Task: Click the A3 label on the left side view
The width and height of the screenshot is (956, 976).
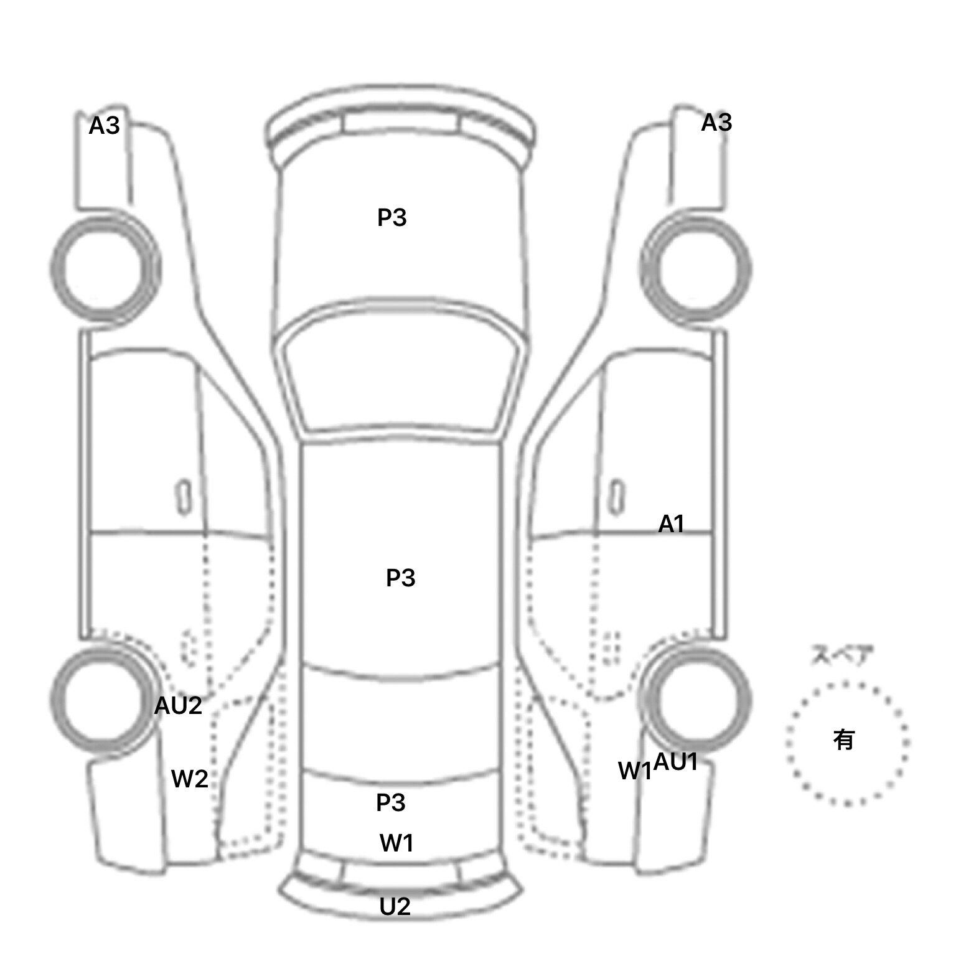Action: pyautogui.click(x=104, y=126)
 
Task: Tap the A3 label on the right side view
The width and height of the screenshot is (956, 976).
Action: pyautogui.click(x=716, y=123)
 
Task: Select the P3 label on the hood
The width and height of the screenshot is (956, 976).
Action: pyautogui.click(x=392, y=217)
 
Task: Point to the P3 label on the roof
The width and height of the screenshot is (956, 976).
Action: pyautogui.click(x=401, y=578)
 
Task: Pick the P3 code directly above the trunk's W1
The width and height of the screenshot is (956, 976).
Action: pyautogui.click(x=391, y=802)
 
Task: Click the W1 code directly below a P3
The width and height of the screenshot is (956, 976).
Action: pyautogui.click(x=396, y=843)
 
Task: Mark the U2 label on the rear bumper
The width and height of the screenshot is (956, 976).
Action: pyautogui.click(x=395, y=906)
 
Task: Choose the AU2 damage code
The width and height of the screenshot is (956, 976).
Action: pyautogui.click(x=178, y=705)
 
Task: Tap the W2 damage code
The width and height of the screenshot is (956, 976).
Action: pyautogui.click(x=190, y=779)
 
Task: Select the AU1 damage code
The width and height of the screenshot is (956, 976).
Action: pyautogui.click(x=675, y=761)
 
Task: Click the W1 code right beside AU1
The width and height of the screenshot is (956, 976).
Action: pyautogui.click(x=635, y=771)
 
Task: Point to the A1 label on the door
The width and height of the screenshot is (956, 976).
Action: pyautogui.click(x=671, y=524)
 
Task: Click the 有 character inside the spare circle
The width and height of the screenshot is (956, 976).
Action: pyautogui.click(x=844, y=739)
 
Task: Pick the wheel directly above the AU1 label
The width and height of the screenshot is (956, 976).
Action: pyautogui.click(x=695, y=700)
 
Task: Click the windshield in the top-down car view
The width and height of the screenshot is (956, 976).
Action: pyautogui.click(x=400, y=371)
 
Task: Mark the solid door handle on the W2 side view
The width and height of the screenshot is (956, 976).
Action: pyautogui.click(x=184, y=498)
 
